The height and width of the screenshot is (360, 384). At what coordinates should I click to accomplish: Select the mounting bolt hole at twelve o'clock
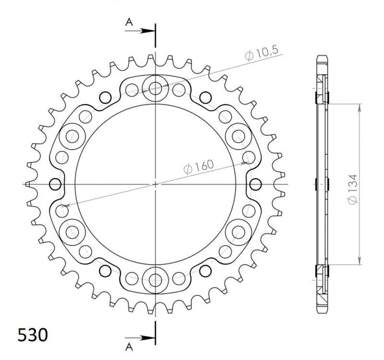[x=156, y=87]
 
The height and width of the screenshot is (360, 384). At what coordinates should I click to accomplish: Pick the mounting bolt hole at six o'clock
[x=156, y=279]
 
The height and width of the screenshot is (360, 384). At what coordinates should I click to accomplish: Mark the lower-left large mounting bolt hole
[x=72, y=231]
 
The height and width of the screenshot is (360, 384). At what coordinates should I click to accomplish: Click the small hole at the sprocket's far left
[x=55, y=183]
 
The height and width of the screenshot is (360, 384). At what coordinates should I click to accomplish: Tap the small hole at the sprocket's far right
[x=256, y=183]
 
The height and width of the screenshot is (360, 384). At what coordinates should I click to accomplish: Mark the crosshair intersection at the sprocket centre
[x=156, y=183]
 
